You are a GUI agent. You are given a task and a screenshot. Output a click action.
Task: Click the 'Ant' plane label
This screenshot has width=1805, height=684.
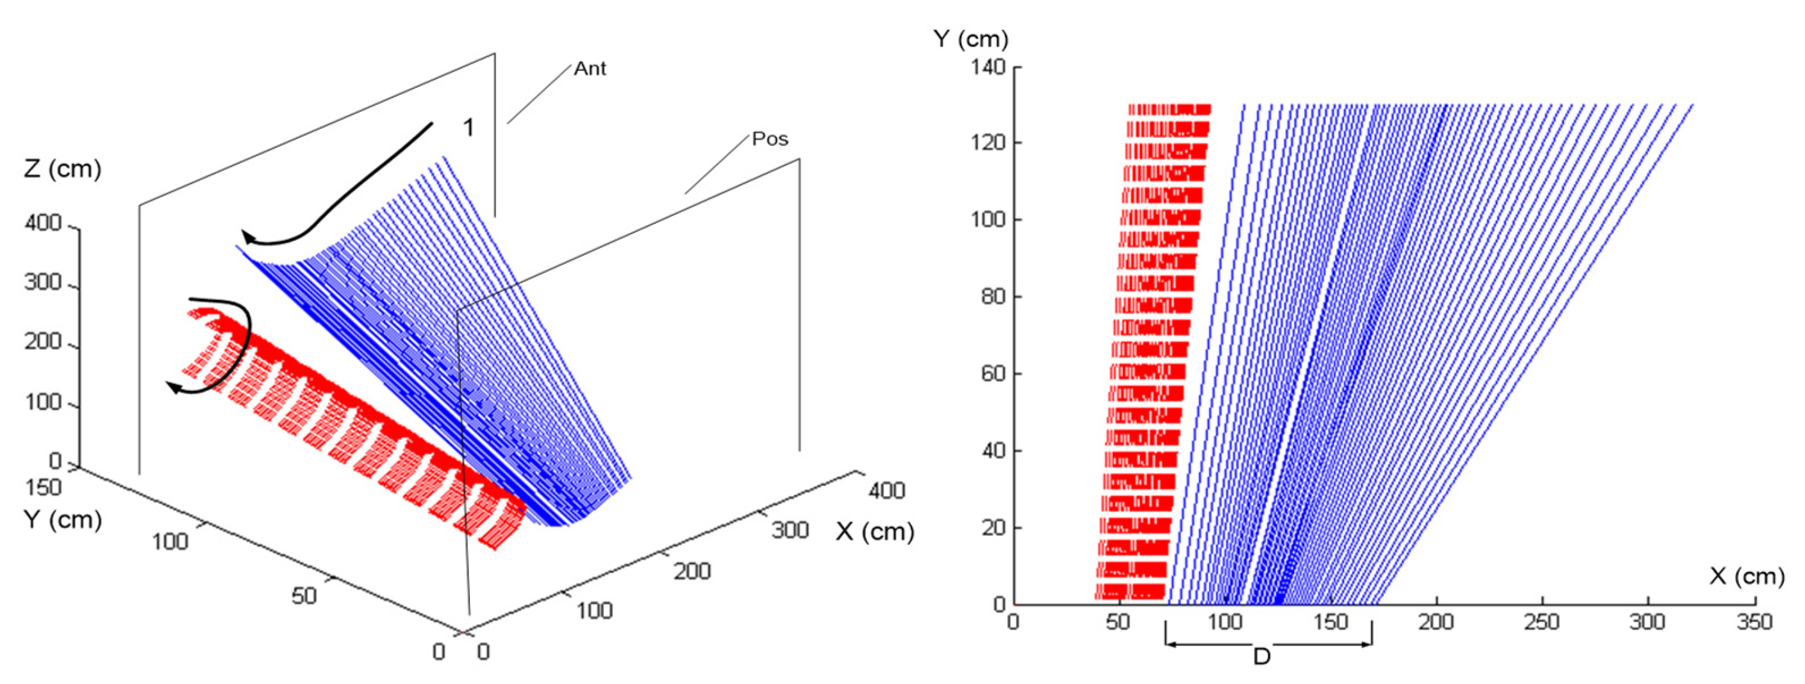pyautogui.click(x=589, y=69)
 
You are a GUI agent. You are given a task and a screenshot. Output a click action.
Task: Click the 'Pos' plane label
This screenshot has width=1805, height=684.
pyautogui.click(x=769, y=138)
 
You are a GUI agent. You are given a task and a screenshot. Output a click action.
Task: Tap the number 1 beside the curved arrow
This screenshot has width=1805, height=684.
pyautogui.click(x=468, y=128)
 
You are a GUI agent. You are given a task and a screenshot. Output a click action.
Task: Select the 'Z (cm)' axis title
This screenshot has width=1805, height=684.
pyautogui.click(x=63, y=169)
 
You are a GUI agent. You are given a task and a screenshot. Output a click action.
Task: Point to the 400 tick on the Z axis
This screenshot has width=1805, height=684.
pyautogui.click(x=43, y=224)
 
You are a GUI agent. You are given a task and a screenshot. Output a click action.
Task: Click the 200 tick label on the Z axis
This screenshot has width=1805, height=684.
pyautogui.click(x=43, y=343)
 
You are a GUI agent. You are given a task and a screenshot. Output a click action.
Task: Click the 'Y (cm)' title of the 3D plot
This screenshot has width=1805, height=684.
pyautogui.click(x=63, y=520)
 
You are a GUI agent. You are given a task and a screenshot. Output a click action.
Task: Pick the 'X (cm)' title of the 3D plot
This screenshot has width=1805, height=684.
pyautogui.click(x=874, y=532)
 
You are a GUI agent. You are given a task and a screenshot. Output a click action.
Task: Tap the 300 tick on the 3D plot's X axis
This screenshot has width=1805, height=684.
pyautogui.click(x=790, y=530)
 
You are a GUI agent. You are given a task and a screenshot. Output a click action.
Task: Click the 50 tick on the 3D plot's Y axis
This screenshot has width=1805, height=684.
pyautogui.click(x=304, y=595)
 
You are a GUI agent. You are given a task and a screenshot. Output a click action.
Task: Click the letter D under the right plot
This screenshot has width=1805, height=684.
pyautogui.click(x=1261, y=658)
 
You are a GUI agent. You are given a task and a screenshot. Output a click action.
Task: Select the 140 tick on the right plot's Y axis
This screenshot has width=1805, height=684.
pyautogui.click(x=987, y=67)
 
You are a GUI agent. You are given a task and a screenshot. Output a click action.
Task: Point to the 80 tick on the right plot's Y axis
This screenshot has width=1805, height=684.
pyautogui.click(x=993, y=297)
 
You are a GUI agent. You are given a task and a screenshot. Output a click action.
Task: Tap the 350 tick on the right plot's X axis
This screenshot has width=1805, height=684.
pyautogui.click(x=1754, y=622)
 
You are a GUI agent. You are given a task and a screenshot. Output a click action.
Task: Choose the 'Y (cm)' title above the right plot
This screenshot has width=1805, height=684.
pyautogui.click(x=971, y=39)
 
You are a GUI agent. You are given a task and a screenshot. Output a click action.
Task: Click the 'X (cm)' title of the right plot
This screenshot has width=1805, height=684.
pyautogui.click(x=1746, y=576)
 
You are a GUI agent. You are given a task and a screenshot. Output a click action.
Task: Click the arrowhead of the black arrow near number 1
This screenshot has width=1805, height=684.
pyautogui.click(x=248, y=238)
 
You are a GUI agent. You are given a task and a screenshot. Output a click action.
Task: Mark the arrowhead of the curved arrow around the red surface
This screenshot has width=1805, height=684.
pyautogui.click(x=172, y=387)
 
